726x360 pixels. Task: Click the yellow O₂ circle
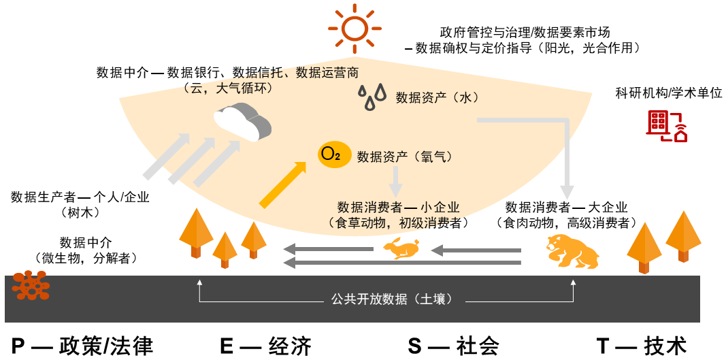click(x=334, y=155)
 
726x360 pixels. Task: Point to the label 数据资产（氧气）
click(x=405, y=157)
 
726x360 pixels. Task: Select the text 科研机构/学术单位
click(x=668, y=93)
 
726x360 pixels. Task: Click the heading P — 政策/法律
click(x=82, y=346)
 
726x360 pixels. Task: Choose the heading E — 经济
click(x=265, y=346)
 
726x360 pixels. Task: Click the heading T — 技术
click(x=642, y=346)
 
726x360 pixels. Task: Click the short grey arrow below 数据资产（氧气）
click(x=395, y=181)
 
